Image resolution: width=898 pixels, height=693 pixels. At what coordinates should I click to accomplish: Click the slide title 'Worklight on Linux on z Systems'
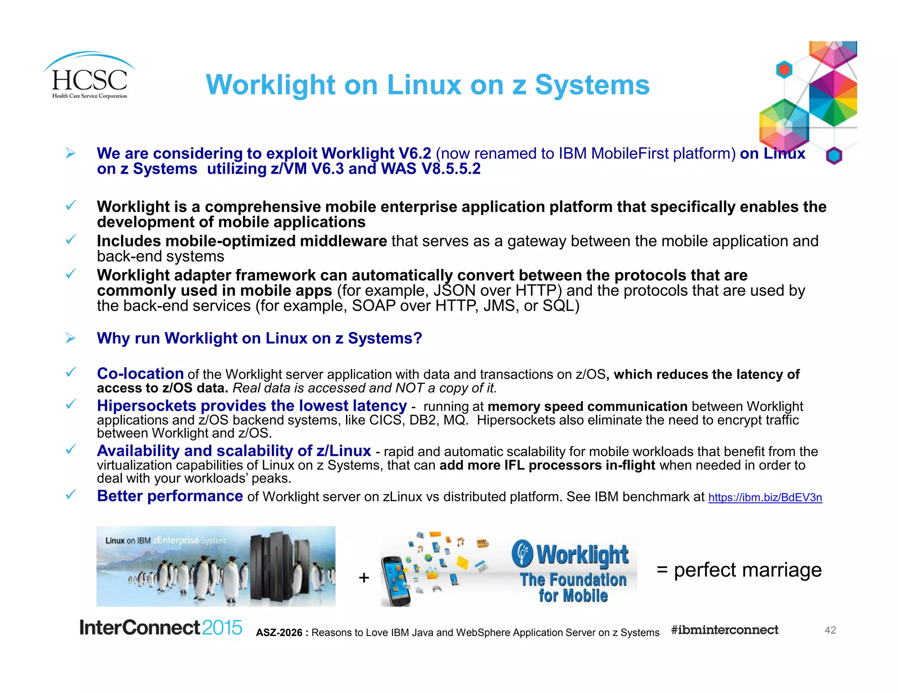pos(428,85)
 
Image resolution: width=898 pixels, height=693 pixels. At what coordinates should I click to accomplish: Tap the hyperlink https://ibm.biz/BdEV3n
pos(765,498)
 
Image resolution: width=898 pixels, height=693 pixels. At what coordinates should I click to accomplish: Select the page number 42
pos(830,630)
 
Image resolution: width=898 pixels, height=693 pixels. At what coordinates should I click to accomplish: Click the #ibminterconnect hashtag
pos(724,630)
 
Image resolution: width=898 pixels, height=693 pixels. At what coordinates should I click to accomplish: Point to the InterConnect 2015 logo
pos(160,627)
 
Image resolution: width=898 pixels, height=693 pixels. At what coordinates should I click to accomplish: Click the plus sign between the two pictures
pos(363,578)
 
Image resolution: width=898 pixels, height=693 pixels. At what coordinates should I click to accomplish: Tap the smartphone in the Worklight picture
pos(396,580)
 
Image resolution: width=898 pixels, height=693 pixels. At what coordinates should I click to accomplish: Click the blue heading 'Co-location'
pos(140,374)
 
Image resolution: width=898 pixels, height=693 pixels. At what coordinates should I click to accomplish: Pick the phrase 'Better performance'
pos(170,496)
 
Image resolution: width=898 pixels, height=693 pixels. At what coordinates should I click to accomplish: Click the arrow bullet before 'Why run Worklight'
pos(70,338)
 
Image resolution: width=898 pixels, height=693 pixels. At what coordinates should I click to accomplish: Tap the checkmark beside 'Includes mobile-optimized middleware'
pos(71,240)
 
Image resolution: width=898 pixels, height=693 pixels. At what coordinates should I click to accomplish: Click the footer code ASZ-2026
pos(279,633)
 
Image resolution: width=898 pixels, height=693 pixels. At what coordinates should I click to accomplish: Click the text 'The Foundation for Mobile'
pos(573,587)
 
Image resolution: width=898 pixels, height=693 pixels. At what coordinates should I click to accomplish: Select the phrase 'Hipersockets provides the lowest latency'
pos(252,406)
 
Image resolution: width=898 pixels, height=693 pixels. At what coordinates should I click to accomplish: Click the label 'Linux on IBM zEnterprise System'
pos(166,541)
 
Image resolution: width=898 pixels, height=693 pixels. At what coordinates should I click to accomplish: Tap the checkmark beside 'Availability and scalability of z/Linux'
pos(71,449)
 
